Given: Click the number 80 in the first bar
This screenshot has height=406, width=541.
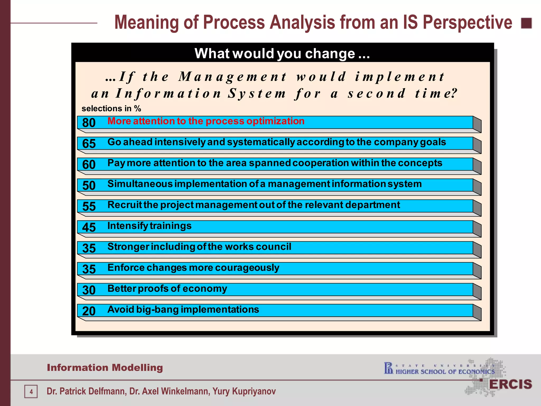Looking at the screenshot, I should click(x=89, y=123).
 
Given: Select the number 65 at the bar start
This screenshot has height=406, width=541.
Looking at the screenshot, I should click(x=89, y=144).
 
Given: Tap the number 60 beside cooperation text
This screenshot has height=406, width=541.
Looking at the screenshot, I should click(x=89, y=164).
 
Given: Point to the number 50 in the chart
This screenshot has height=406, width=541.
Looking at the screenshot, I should click(x=89, y=185).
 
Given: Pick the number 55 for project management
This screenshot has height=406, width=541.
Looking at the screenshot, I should click(x=89, y=206).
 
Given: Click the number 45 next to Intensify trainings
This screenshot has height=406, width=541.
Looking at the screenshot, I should click(x=89, y=227).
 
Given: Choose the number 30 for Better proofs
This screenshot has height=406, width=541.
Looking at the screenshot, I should click(x=89, y=290).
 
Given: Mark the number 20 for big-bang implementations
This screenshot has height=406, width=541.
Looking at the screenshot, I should click(x=89, y=311).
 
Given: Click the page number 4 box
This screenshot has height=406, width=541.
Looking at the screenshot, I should click(x=31, y=391).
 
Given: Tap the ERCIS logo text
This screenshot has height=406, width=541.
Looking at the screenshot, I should click(x=510, y=384).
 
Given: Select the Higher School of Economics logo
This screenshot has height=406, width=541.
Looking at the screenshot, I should click(x=439, y=369).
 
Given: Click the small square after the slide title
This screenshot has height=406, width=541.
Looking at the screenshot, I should click(x=526, y=23).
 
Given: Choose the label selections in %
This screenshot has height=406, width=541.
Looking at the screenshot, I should click(x=111, y=108).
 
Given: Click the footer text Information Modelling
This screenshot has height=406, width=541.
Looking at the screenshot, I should click(x=105, y=368).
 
